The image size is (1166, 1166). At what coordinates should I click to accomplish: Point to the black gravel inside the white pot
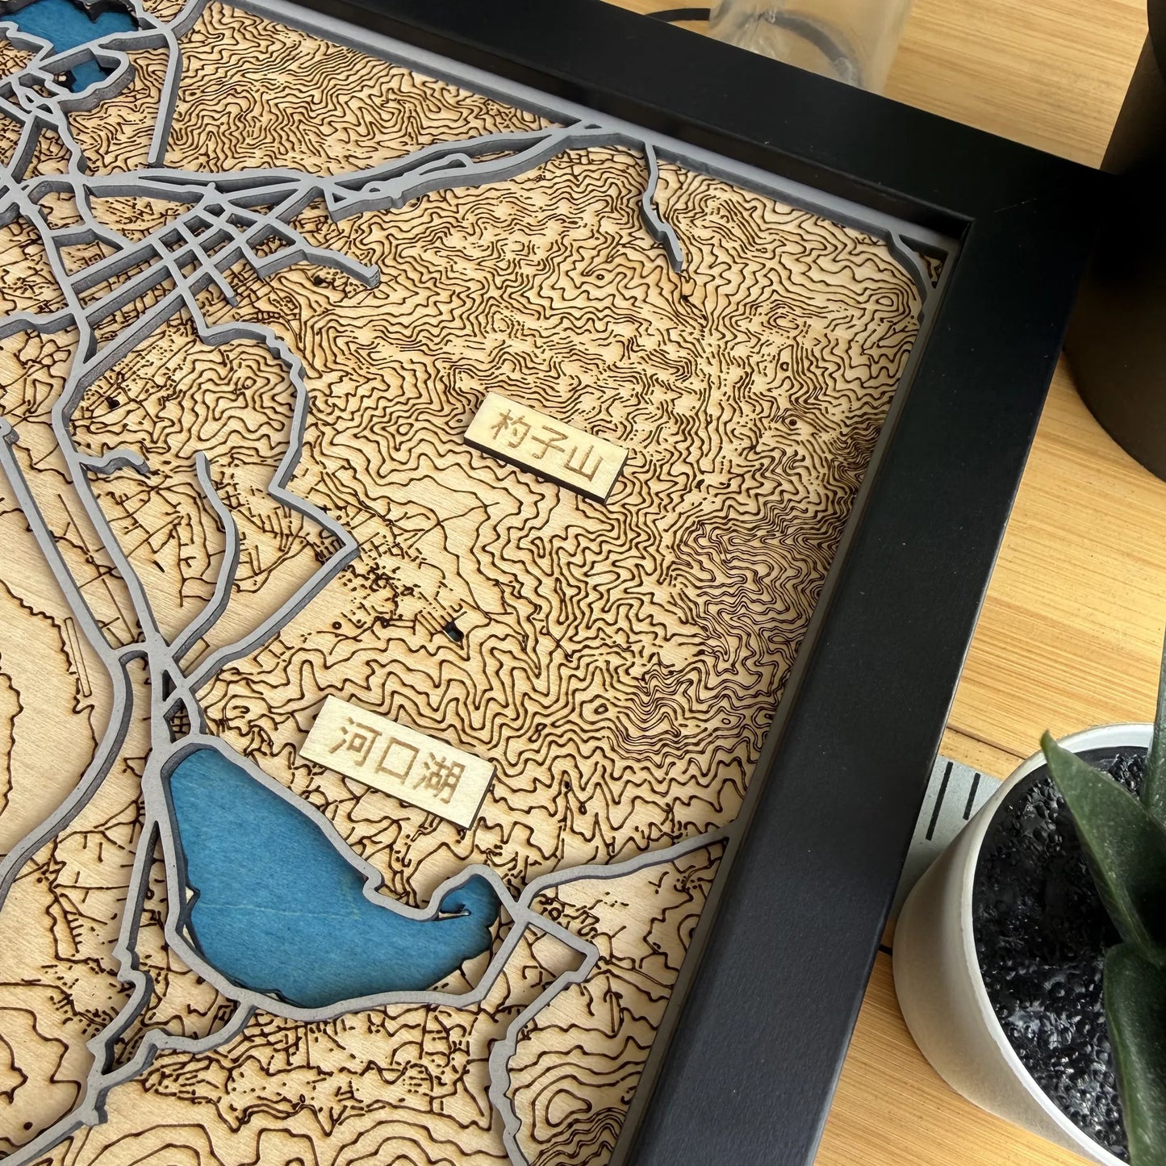click(1041, 928)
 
